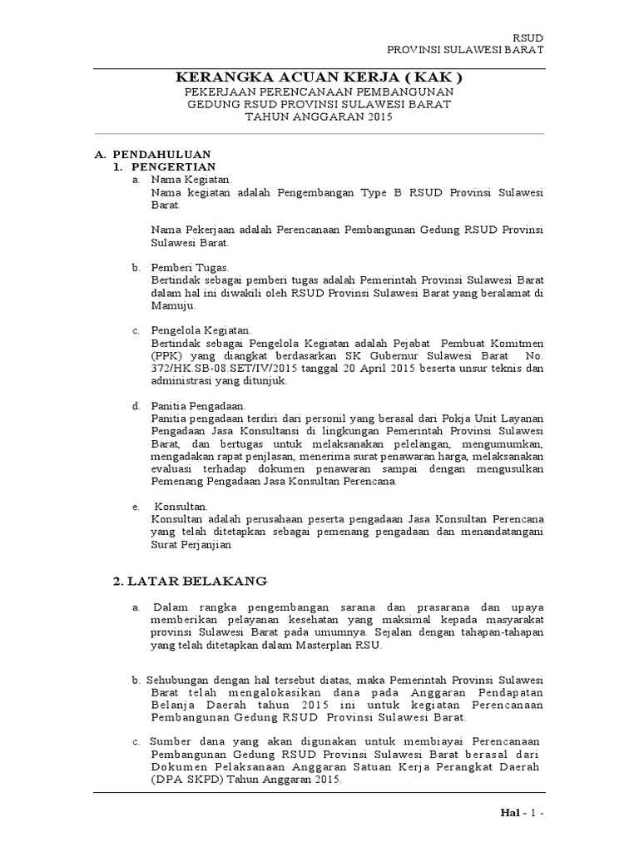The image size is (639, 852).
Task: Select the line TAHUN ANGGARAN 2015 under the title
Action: [x=319, y=118]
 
